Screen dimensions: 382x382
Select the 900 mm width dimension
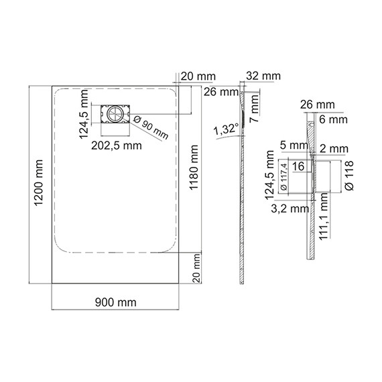tap(117, 302)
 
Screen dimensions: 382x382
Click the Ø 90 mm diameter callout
tap(151, 125)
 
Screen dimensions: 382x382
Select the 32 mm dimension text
tap(263, 76)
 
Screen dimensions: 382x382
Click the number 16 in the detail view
tap(299, 166)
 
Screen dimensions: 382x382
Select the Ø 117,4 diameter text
tap(283, 178)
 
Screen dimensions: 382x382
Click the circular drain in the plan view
tap(116, 115)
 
